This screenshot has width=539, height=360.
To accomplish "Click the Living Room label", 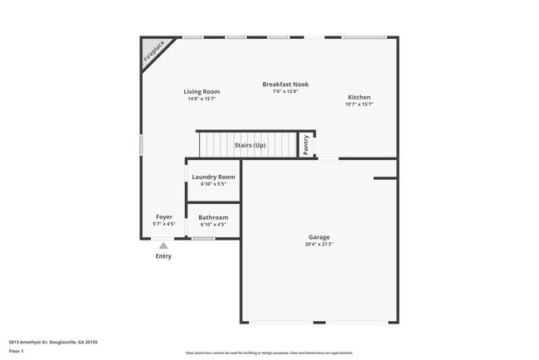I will [x=202, y=91].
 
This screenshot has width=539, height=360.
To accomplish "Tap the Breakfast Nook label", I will [x=285, y=84].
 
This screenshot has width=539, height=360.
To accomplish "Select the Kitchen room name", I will [x=359, y=97].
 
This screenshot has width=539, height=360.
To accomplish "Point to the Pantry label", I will [x=305, y=144].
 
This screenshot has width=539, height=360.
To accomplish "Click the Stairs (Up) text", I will [x=250, y=145].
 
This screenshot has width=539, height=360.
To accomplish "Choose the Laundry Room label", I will [x=213, y=177].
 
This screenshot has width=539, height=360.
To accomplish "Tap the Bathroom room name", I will [x=213, y=217].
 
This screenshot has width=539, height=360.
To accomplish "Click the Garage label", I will [x=319, y=237].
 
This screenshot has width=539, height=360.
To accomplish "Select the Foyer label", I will [x=164, y=217].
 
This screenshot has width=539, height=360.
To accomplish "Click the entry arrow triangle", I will [x=163, y=246].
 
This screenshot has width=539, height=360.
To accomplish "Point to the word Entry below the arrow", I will [x=163, y=256].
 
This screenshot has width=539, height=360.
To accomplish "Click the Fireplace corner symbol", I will [x=152, y=51].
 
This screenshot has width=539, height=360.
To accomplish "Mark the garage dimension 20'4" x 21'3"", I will [x=319, y=244].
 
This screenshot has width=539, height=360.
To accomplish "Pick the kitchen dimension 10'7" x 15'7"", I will [x=359, y=104].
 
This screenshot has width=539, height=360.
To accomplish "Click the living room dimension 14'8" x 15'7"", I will [x=202, y=99].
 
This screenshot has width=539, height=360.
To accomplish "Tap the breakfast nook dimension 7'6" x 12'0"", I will [x=285, y=90].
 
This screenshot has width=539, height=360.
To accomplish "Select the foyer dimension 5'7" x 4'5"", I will [x=164, y=224].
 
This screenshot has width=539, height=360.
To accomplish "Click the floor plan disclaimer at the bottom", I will [x=269, y=353].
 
